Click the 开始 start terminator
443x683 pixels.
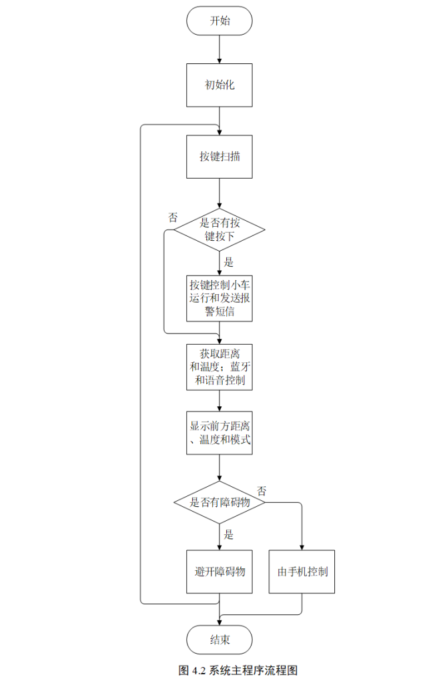pyautogui.click(x=219, y=21)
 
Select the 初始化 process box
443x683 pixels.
pyautogui.click(x=219, y=85)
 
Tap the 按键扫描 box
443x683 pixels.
pyautogui.click(x=219, y=157)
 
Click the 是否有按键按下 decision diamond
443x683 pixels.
pyautogui.click(x=219, y=230)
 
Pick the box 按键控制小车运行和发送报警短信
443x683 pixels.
pyautogui.click(x=219, y=298)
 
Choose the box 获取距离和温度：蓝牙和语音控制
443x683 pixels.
pyautogui.click(x=219, y=368)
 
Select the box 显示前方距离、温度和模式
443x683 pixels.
pyautogui.click(x=219, y=433)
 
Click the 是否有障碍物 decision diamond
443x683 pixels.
pyautogui.click(x=219, y=502)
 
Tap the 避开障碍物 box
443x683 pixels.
pyautogui.click(x=219, y=572)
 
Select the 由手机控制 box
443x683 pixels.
pyautogui.click(x=302, y=572)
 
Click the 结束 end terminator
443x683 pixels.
pyautogui.click(x=219, y=640)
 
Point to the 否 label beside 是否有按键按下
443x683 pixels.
pyautogui.click(x=173, y=217)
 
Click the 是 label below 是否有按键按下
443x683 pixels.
pyautogui.click(x=229, y=262)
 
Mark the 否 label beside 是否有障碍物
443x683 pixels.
pyautogui.click(x=262, y=491)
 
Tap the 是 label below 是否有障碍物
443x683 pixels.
pyautogui.click(x=229, y=534)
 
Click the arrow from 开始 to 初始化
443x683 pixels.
pyautogui.click(x=219, y=49)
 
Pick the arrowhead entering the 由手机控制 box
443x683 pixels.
pyautogui.click(x=302, y=546)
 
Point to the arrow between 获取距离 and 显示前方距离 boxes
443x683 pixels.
pyautogui.click(x=219, y=401)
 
